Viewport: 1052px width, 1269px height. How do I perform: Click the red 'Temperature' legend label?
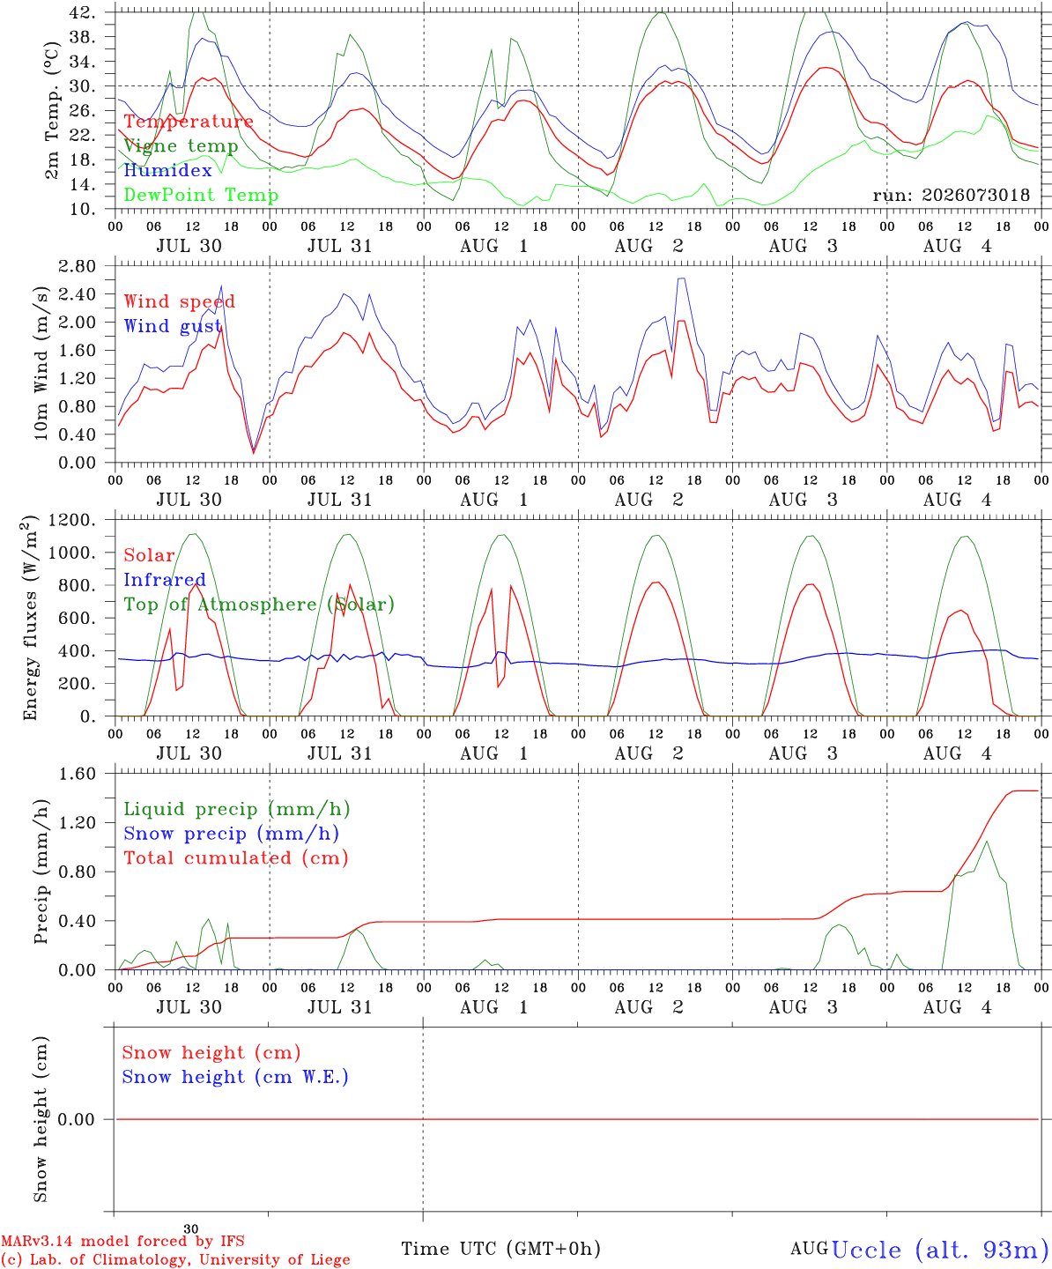coord(189,122)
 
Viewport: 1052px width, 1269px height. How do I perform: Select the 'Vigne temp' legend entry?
coord(182,146)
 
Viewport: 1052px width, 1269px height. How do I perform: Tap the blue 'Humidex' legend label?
coord(167,170)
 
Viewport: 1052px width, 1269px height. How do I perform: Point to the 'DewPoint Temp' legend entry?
coord(201,195)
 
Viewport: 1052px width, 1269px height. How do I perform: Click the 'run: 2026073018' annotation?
coord(951,195)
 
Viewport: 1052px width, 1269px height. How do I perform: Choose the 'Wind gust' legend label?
coord(173,327)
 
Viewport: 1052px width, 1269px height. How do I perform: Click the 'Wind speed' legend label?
coord(179,302)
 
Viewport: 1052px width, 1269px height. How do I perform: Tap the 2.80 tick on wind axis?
coord(77,266)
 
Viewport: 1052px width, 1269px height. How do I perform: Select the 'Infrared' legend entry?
coord(165,580)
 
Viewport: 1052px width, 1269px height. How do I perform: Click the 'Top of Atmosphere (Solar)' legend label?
coord(260,605)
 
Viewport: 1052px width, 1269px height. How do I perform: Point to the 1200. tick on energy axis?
coord(72,520)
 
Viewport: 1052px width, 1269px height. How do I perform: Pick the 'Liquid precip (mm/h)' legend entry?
coord(237,810)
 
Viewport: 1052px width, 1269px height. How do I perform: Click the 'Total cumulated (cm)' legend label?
coord(236,858)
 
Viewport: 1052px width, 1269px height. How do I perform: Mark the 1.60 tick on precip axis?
coord(77,774)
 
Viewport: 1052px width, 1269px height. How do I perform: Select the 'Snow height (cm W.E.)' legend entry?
coord(235,1077)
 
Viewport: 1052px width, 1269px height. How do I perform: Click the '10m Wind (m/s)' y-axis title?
coord(41,362)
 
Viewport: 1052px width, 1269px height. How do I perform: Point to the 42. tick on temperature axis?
coord(82,12)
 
